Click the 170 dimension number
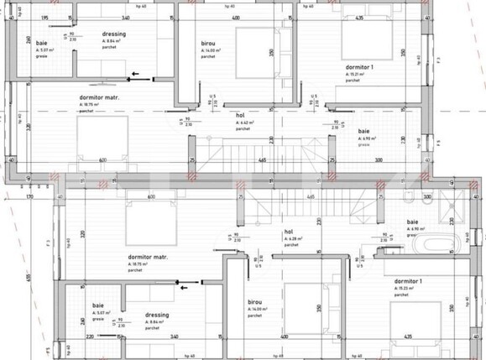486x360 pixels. (29, 197)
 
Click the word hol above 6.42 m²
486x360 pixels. (239, 114)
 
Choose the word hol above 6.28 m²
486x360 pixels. (288, 232)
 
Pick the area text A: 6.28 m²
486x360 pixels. (291, 239)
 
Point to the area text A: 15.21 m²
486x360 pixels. (357, 74)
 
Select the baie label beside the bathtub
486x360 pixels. (412, 222)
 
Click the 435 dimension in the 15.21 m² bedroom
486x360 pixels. (359, 17)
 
